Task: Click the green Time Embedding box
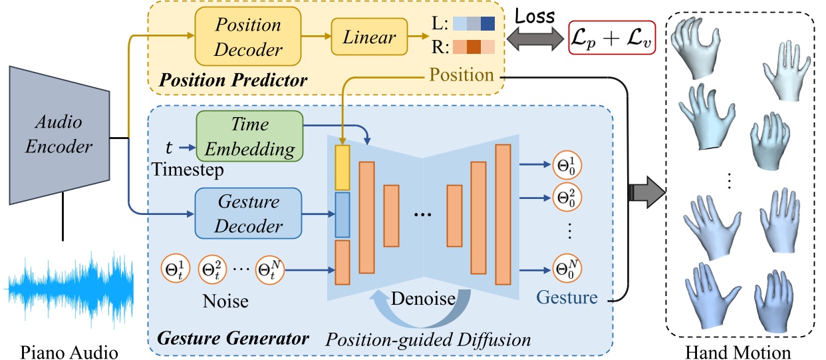tap(249, 136)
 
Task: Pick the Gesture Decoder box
tap(247, 213)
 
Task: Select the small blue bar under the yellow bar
tap(342, 215)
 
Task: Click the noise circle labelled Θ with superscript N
tap(269, 270)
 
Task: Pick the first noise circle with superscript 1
tap(174, 270)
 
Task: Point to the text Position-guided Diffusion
tap(428, 340)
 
